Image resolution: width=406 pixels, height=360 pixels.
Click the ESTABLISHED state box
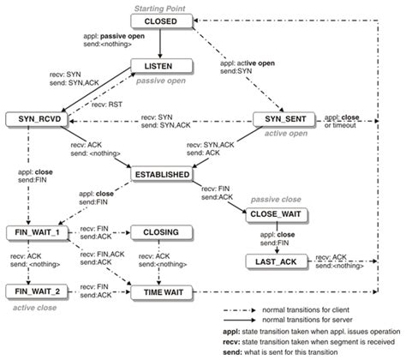(x=161, y=175)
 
